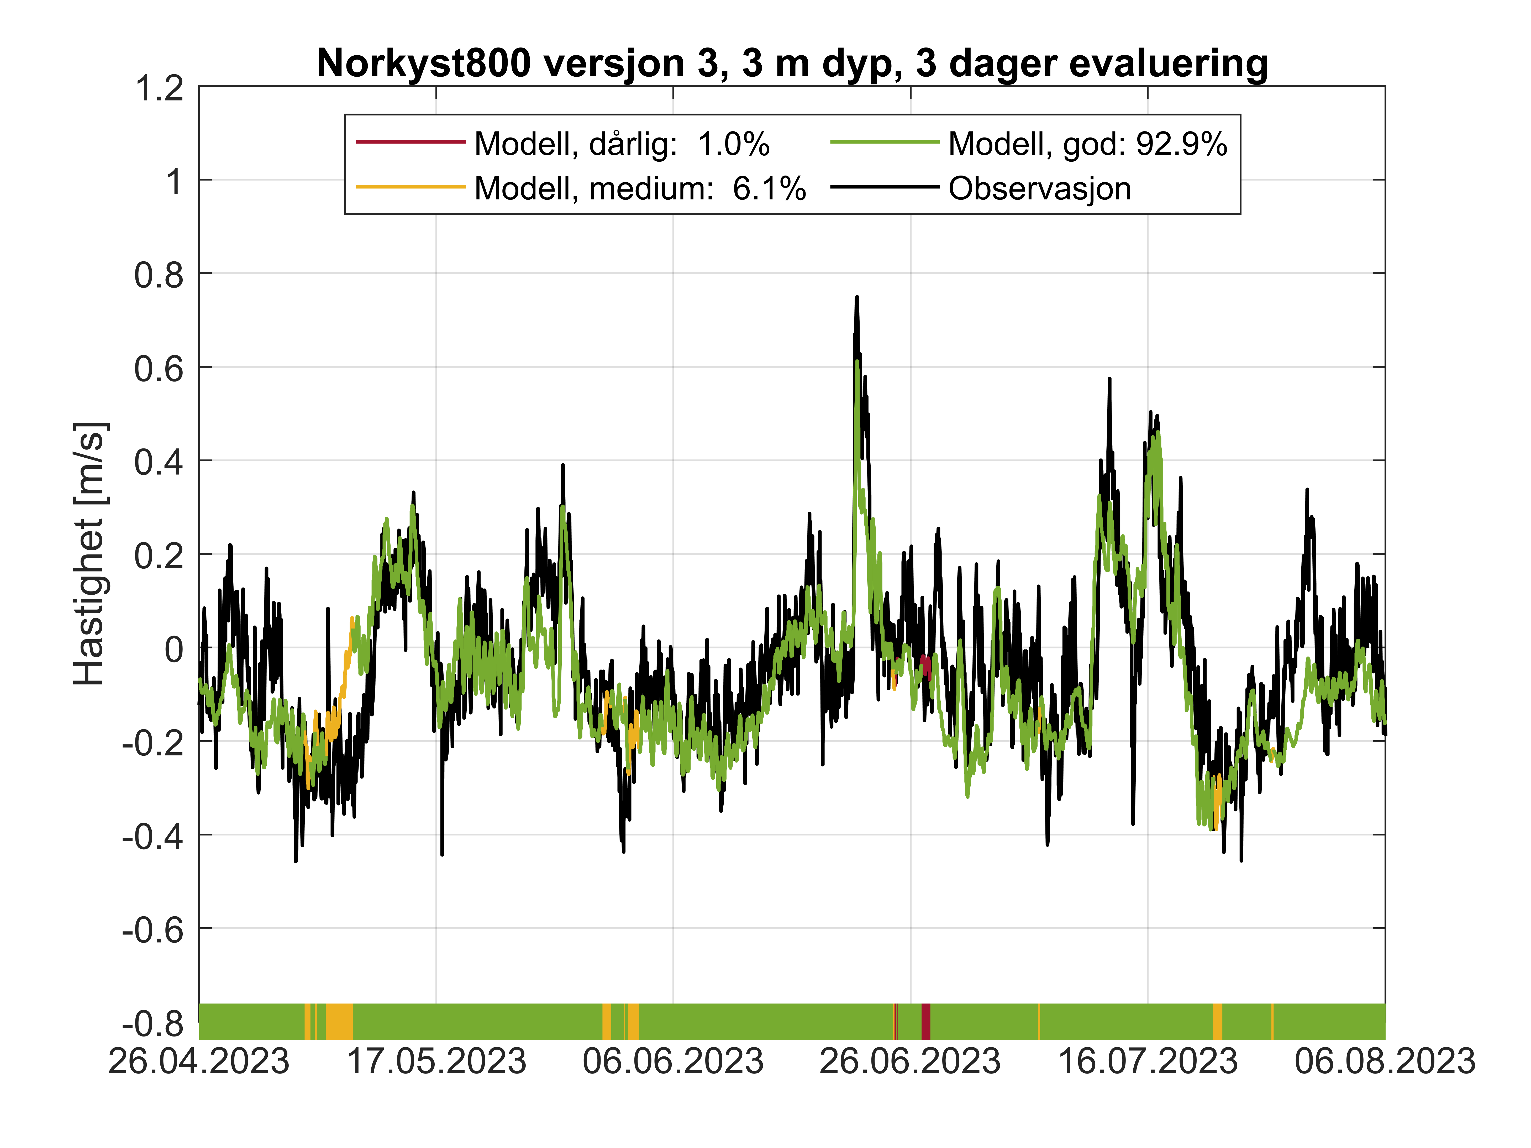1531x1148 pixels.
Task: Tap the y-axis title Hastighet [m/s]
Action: [x=90, y=554]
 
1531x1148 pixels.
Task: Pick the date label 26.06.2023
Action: [x=910, y=1061]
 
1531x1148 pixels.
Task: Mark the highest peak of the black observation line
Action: [x=857, y=298]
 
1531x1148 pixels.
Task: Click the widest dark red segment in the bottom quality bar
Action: [x=925, y=1021]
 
